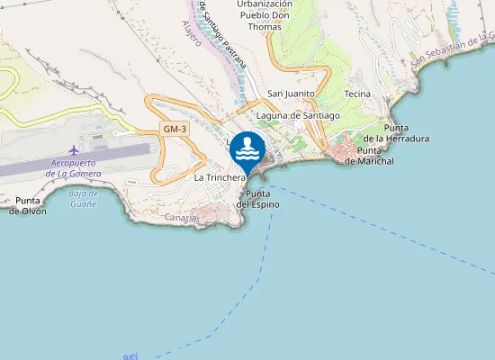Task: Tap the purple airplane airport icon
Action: [74, 148]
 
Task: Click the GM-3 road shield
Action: [175, 130]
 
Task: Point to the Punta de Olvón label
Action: [27, 205]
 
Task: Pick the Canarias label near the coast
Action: [182, 217]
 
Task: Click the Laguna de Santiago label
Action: [297, 115]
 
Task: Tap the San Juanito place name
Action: [292, 93]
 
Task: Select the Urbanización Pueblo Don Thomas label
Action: [265, 15]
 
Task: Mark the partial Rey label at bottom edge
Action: [130, 356]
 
